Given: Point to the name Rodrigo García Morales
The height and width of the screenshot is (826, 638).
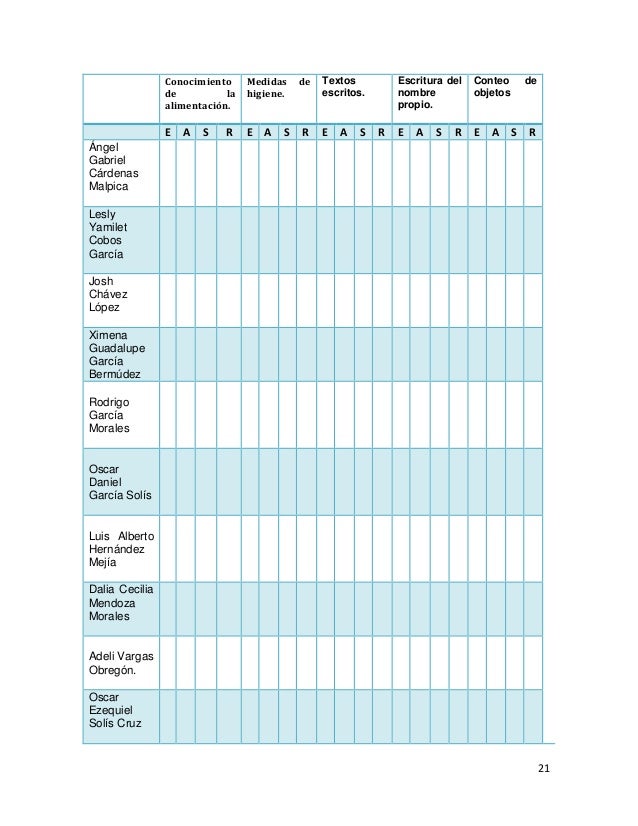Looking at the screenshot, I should tap(109, 415).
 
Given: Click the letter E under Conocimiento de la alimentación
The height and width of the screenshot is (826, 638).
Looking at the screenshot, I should tap(168, 131).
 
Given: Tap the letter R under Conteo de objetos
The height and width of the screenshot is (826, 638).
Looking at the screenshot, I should tap(533, 131).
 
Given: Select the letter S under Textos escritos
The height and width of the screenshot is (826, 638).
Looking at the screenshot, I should tap(362, 131).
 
